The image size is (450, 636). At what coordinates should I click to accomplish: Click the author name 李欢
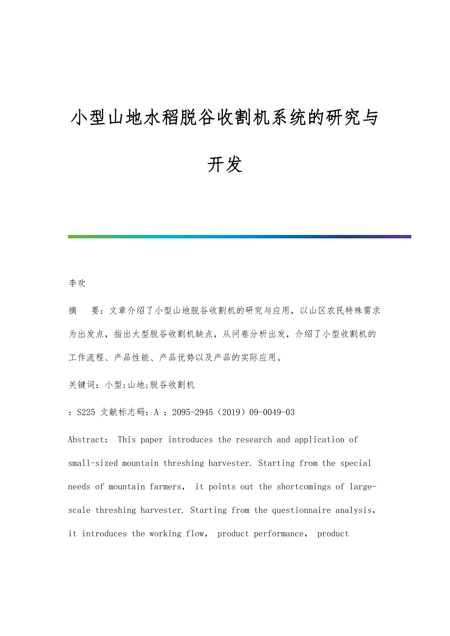77,283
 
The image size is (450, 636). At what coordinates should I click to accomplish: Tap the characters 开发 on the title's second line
225,165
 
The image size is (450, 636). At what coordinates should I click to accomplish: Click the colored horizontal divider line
240,237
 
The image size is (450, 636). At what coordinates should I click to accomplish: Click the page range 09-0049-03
272,412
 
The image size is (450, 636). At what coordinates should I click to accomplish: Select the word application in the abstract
317,440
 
